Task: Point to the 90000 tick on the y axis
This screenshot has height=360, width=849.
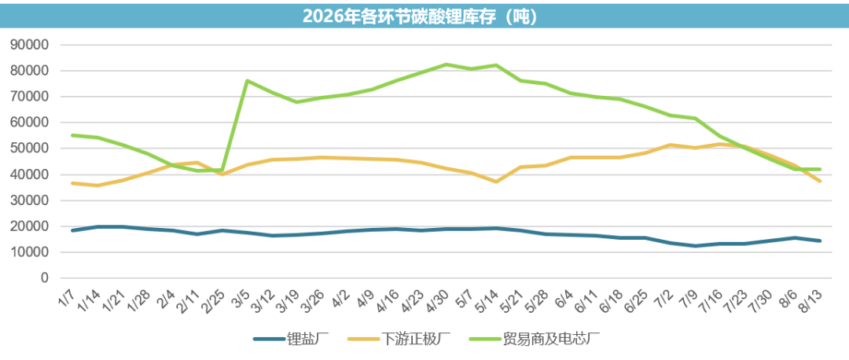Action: tap(31, 45)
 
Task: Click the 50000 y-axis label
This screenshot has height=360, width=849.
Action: tap(31, 149)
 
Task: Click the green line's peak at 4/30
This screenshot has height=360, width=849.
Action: tap(446, 64)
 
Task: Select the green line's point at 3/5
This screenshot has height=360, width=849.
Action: tap(247, 81)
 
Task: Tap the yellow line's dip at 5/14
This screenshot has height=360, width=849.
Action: tap(496, 182)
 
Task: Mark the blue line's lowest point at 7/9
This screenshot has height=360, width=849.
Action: tap(695, 246)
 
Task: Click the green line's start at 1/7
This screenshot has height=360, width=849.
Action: tap(72, 135)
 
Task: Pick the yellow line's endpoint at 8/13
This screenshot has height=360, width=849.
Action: tap(820, 181)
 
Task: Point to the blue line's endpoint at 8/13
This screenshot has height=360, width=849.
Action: tap(820, 241)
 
